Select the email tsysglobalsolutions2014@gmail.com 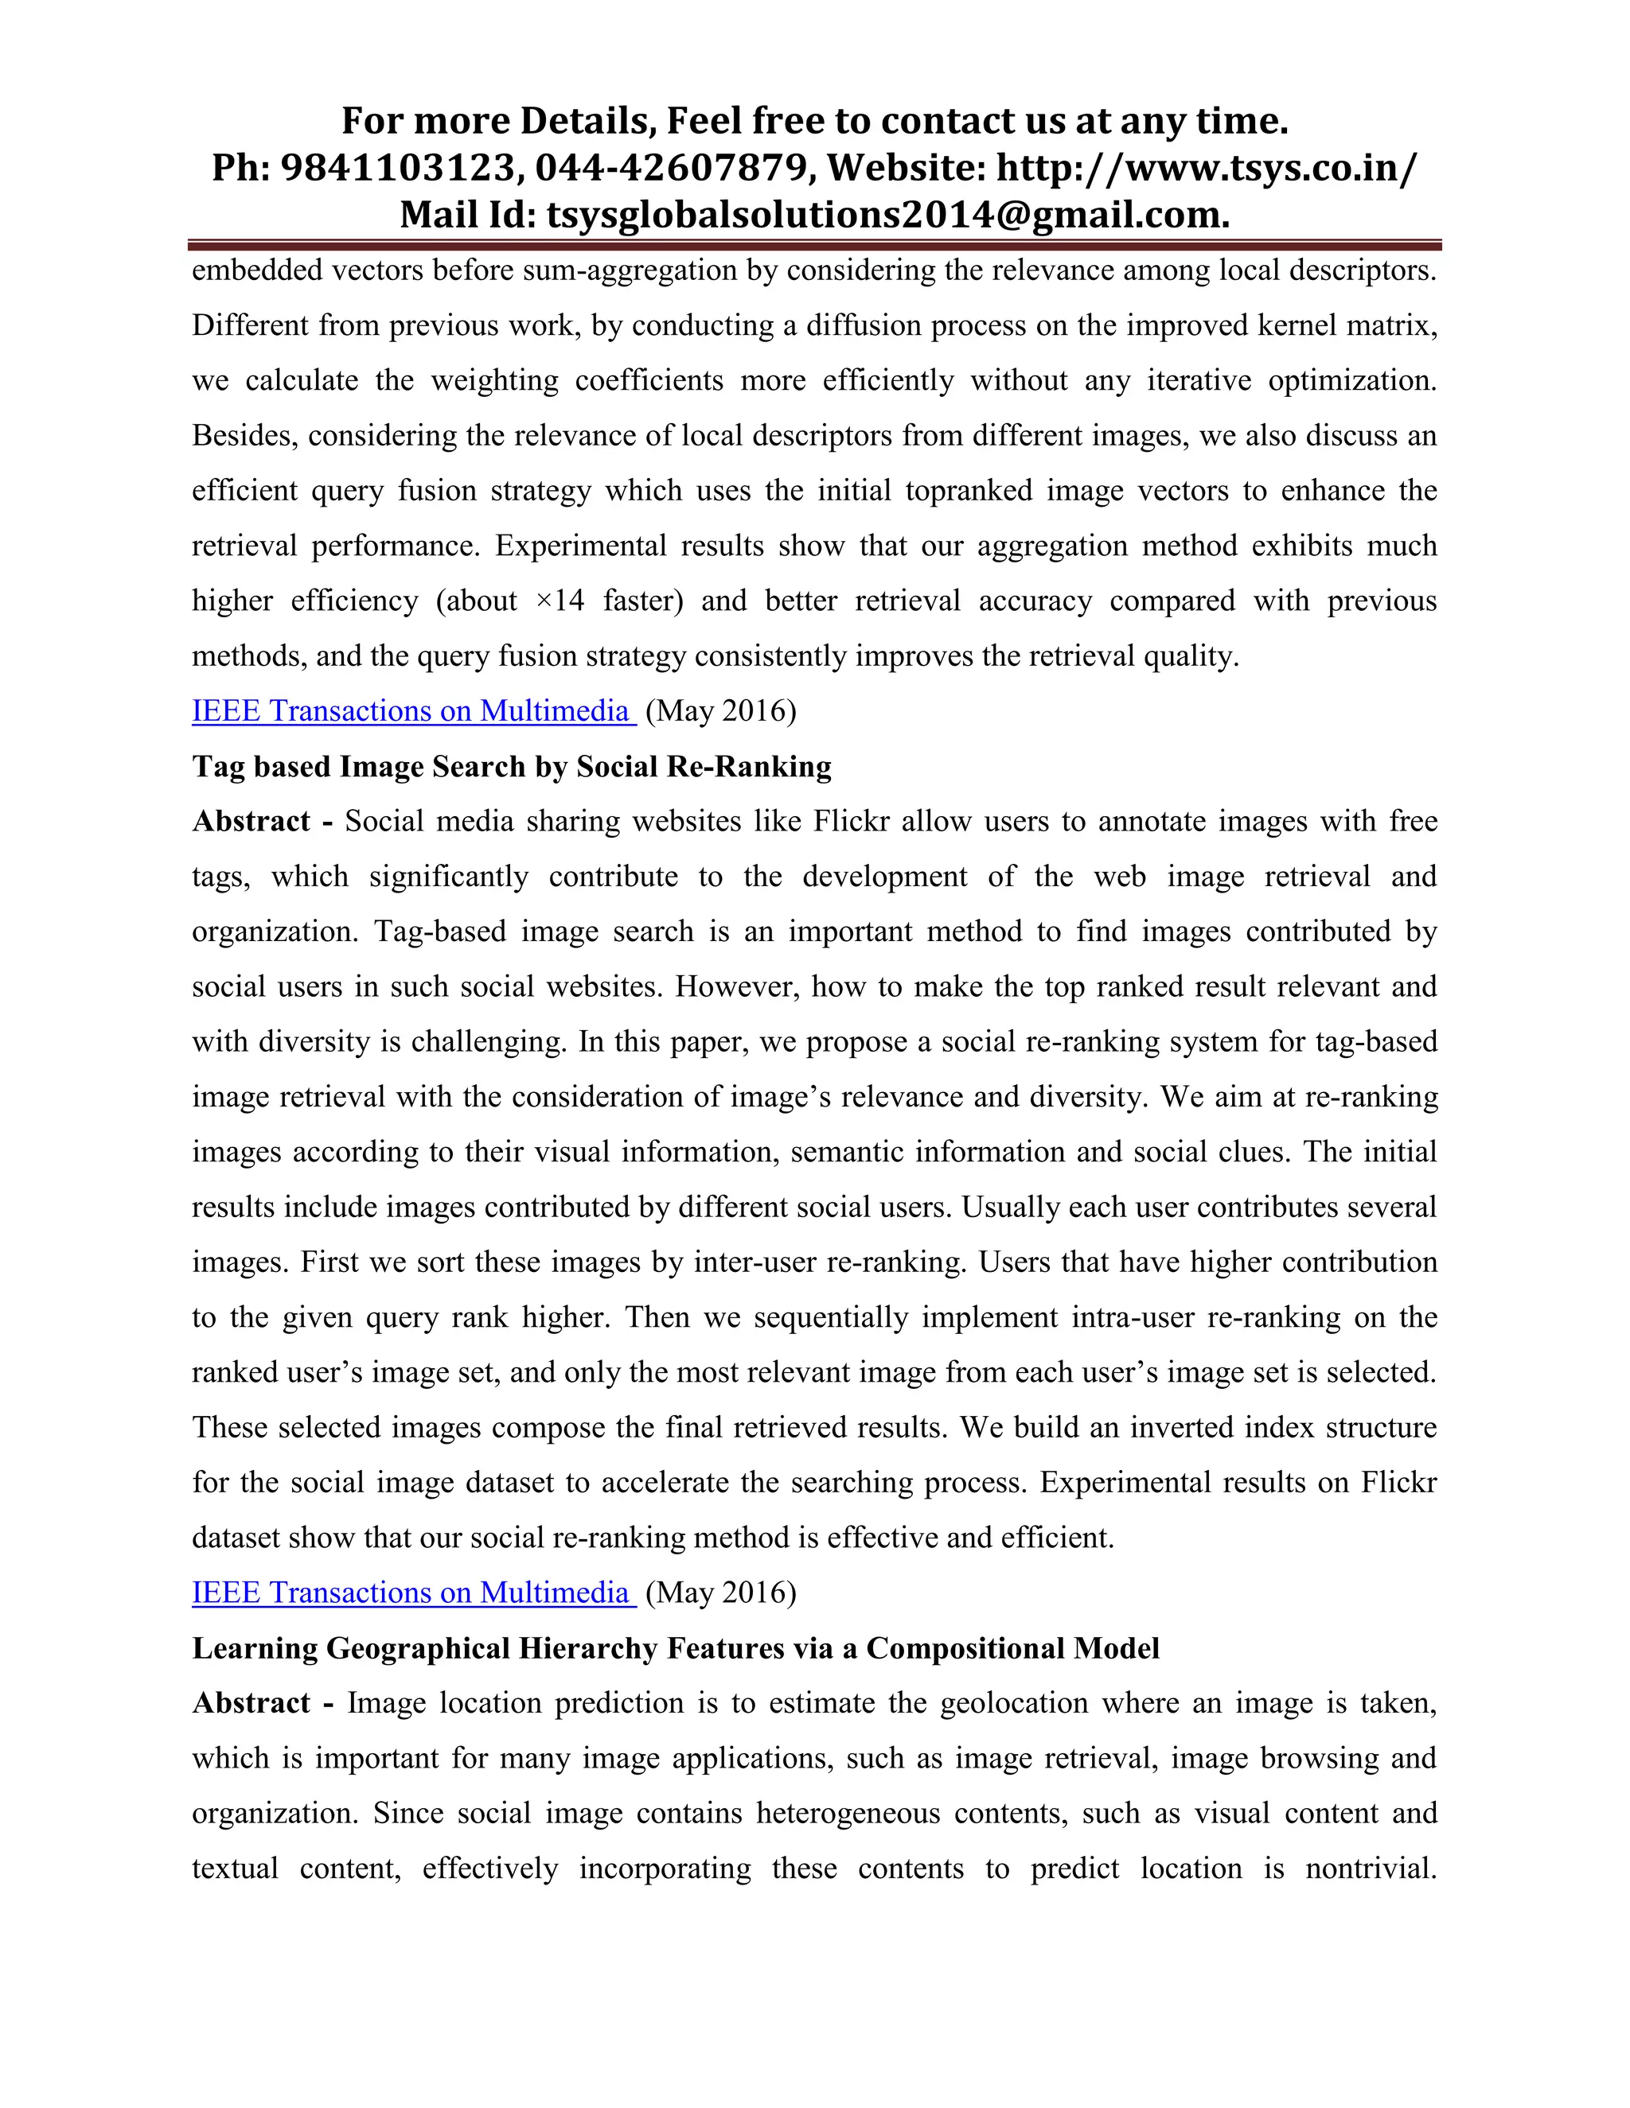[x=887, y=214]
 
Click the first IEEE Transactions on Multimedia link [x=412, y=710]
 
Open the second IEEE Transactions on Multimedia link [x=412, y=1592]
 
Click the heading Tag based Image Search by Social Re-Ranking [x=512, y=765]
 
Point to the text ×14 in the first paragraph [x=560, y=601]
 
